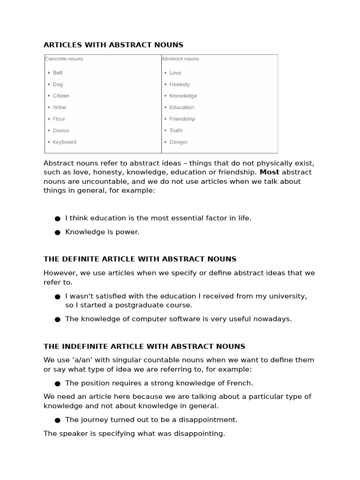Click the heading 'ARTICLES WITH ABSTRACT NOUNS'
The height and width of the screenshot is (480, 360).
click(113, 45)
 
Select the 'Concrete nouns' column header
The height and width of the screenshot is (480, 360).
click(64, 59)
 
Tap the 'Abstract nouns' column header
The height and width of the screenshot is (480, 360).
click(180, 59)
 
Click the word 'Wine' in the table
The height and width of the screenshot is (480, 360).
click(60, 107)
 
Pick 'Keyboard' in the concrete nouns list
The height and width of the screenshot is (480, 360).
click(64, 142)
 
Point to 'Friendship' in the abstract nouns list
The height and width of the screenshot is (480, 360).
click(182, 119)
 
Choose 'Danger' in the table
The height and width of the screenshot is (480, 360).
click(179, 142)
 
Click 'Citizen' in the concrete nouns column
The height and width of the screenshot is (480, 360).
click(61, 96)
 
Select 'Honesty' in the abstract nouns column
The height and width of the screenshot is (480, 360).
click(180, 84)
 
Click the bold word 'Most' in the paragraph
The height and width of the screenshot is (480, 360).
click(270, 172)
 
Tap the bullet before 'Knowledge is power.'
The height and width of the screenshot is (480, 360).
click(58, 232)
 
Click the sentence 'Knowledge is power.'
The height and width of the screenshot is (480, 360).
click(102, 232)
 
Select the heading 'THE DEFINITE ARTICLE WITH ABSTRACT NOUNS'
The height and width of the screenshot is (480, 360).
click(140, 259)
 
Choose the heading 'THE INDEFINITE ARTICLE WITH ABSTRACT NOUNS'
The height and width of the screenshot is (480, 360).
click(144, 347)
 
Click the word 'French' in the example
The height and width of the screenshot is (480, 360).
click(240, 383)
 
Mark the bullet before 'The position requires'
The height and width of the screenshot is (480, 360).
click(58, 383)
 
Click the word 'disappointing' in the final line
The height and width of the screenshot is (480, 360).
click(201, 434)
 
